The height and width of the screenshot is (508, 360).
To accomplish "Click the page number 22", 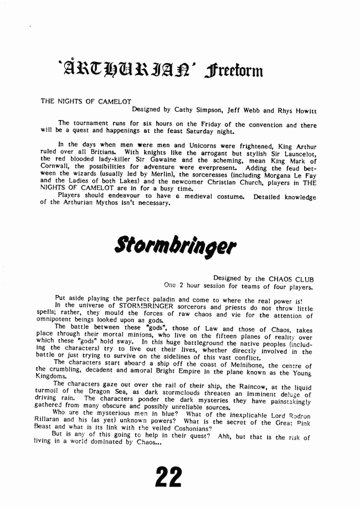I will click(x=168, y=476).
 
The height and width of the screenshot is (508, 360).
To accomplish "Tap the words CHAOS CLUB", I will click(x=291, y=279).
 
